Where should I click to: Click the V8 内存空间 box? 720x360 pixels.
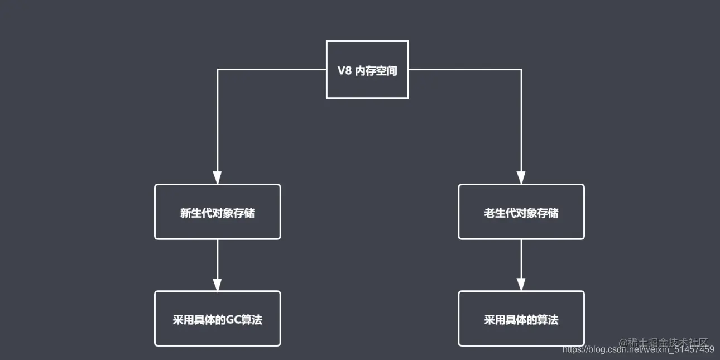tap(367, 69)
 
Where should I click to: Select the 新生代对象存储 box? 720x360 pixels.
tap(217, 212)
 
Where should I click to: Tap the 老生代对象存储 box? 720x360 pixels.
tap(521, 212)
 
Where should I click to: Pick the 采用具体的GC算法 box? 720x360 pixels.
tap(217, 319)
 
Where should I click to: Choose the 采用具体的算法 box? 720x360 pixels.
tap(521, 319)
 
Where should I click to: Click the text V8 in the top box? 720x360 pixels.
tap(344, 71)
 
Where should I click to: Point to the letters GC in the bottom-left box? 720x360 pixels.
tap(232, 320)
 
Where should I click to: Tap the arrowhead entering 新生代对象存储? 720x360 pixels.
tap(217, 177)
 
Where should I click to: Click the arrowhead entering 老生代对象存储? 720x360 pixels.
tap(521, 177)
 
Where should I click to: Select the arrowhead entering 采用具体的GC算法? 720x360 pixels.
tap(217, 284)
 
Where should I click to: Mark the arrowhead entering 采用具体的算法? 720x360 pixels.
tap(521, 284)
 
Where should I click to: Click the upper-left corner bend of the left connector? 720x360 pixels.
tap(217, 70)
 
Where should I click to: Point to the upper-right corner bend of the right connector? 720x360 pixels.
tap(521, 70)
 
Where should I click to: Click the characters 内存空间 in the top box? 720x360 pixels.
tap(376, 71)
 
